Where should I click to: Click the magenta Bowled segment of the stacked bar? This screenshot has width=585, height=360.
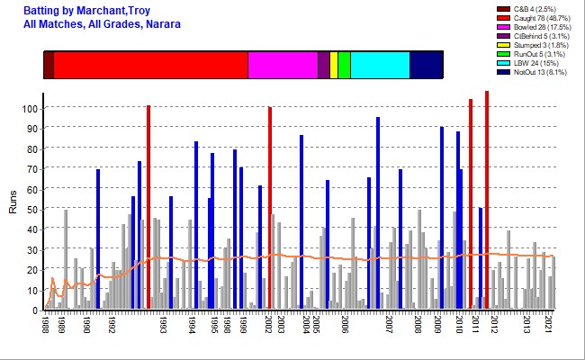(283, 66)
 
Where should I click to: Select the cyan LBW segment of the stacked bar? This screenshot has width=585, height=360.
(380, 66)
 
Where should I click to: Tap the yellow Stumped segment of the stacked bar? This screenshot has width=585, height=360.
(334, 66)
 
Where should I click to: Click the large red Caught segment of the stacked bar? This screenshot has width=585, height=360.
(150, 66)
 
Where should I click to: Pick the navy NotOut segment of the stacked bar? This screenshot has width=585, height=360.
(426, 66)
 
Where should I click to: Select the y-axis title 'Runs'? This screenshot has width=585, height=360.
(13, 206)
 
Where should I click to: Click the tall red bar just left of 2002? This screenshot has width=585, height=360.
(269, 208)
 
